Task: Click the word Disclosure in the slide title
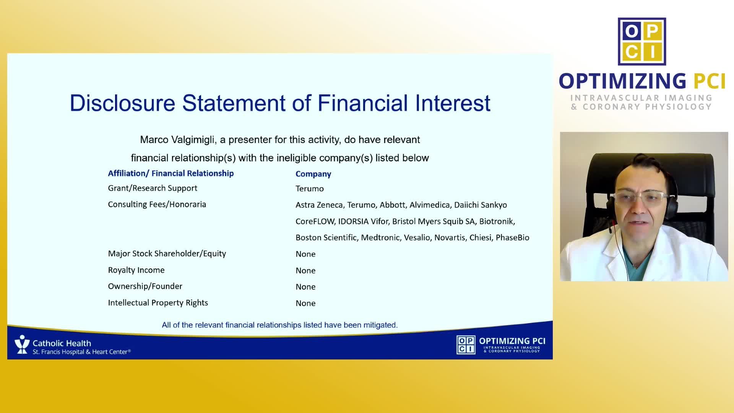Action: point(123,103)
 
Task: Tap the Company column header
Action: point(313,174)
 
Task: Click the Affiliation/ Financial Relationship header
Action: point(171,173)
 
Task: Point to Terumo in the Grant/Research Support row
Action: point(310,189)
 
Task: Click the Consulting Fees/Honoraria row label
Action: point(157,204)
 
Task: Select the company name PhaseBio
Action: point(512,237)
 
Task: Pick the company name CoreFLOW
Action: point(315,221)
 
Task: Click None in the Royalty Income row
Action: point(305,270)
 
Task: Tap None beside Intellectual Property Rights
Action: point(305,303)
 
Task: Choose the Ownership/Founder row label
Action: point(145,286)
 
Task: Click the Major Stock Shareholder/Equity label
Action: point(167,254)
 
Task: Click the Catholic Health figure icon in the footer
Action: point(22,344)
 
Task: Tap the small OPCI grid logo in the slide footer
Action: point(466,345)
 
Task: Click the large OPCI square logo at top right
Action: point(642,41)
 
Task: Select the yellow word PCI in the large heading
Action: point(710,81)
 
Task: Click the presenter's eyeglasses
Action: point(639,198)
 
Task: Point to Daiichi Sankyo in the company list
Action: point(481,205)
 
